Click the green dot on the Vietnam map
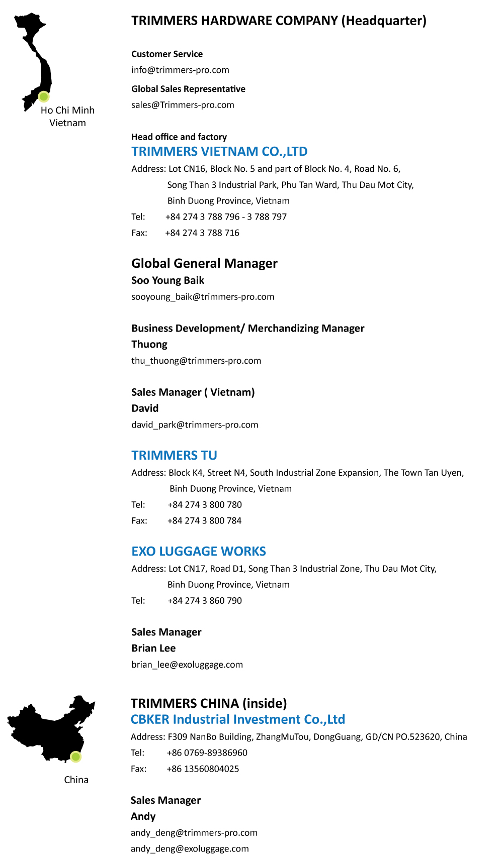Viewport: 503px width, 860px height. (x=44, y=96)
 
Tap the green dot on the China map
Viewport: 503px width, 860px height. (x=75, y=757)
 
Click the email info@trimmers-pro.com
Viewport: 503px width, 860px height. (x=180, y=70)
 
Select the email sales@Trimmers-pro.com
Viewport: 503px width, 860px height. (x=183, y=105)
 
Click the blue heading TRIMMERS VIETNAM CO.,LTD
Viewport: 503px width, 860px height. (x=219, y=152)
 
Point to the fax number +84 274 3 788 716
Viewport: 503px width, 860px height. (x=202, y=233)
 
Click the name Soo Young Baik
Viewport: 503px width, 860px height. (x=167, y=280)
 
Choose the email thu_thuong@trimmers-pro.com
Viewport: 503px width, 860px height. (x=196, y=361)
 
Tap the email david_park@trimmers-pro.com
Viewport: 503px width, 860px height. (x=195, y=425)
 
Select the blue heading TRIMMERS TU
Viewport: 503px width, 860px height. (x=174, y=456)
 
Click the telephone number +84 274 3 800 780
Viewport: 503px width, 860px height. (x=204, y=505)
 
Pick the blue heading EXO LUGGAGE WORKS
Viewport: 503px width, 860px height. (x=199, y=552)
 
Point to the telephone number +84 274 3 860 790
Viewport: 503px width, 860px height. (x=204, y=601)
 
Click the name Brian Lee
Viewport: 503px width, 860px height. (x=153, y=649)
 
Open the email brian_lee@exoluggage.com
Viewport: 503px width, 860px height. (x=187, y=665)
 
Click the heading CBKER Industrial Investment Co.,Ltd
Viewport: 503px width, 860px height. (x=237, y=719)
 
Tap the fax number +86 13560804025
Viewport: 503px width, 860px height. (x=203, y=769)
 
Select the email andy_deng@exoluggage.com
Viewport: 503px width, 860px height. (x=190, y=849)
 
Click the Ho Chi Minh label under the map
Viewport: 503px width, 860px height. (x=67, y=111)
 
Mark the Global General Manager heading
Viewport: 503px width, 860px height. (x=204, y=264)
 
